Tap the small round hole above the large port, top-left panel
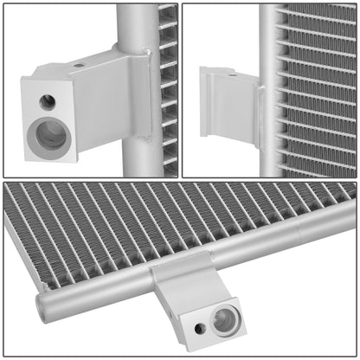point(48,102)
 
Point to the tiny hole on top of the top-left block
point(80,65)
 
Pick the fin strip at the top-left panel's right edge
point(168,87)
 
